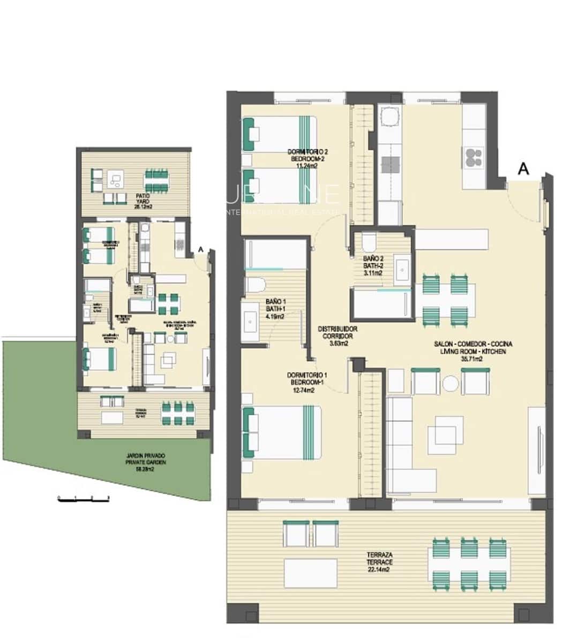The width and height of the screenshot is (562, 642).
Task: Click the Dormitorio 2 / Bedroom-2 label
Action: pyautogui.click(x=308, y=158)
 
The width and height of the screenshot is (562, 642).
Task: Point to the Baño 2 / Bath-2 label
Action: pyautogui.click(x=372, y=265)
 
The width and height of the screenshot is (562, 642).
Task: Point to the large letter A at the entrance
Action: pyautogui.click(x=523, y=169)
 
